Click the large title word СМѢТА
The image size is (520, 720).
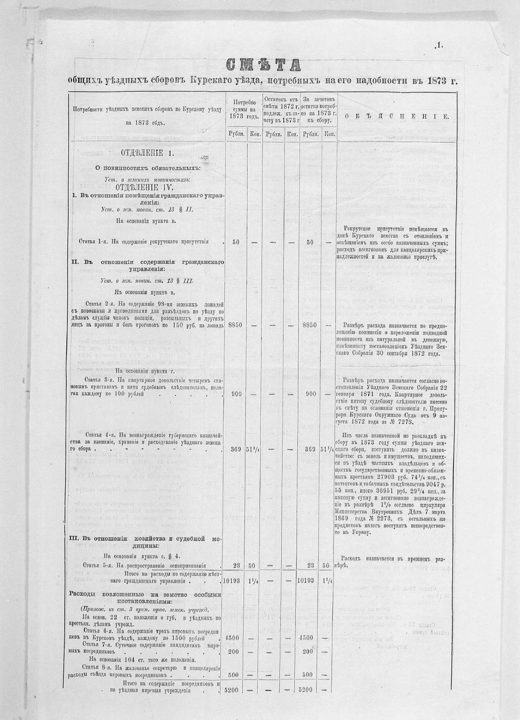[x=264, y=64]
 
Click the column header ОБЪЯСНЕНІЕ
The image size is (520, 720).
[x=396, y=116]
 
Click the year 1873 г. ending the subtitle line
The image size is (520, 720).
[x=438, y=80]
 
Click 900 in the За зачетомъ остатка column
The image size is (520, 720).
[x=311, y=394]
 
